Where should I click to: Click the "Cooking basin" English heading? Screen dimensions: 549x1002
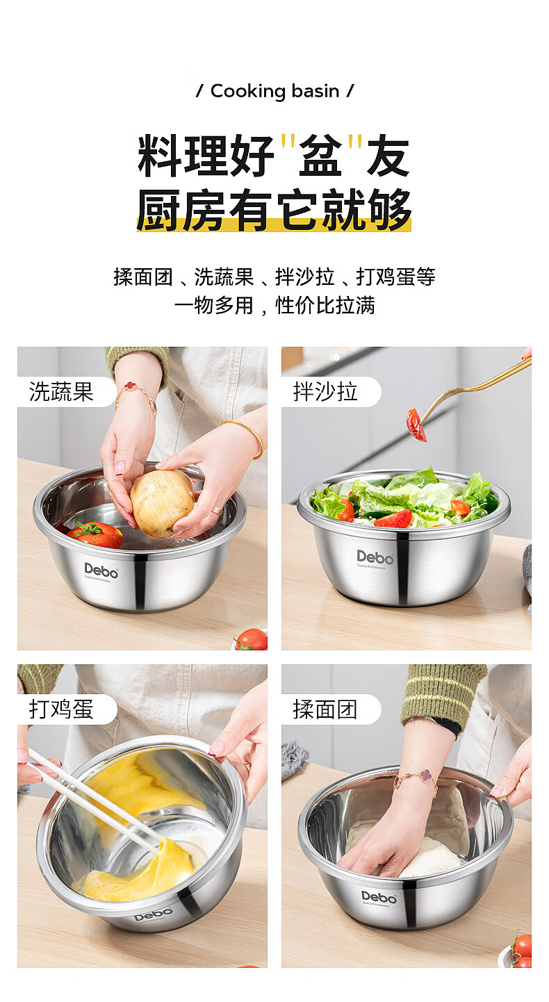click(274, 91)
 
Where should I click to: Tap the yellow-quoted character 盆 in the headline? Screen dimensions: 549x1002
click(320, 155)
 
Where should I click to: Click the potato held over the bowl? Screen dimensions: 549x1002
click(161, 503)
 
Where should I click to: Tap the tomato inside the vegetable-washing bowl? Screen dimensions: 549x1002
click(95, 534)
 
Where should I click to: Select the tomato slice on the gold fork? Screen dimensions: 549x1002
click(416, 424)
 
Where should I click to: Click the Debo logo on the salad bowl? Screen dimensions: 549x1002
click(375, 557)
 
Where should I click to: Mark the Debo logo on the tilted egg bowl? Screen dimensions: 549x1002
click(153, 914)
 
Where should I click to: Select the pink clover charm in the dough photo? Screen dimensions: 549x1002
click(425, 776)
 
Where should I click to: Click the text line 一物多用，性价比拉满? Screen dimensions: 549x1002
click(274, 306)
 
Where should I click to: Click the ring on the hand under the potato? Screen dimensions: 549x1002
click(217, 509)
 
